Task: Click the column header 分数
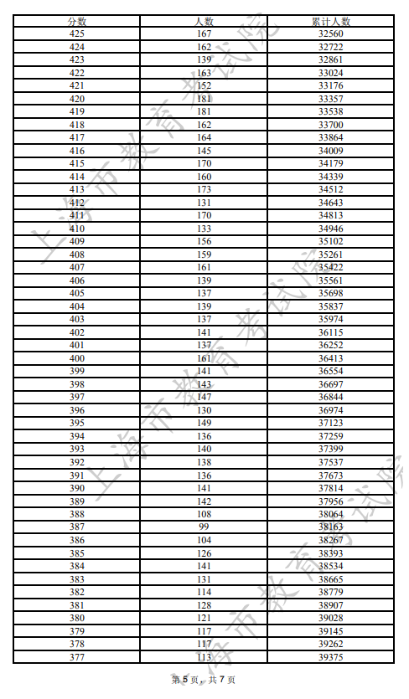point(76,21)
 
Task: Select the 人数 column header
point(204,21)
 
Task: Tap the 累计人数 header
point(330,21)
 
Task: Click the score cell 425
point(76,34)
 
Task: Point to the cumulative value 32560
point(330,34)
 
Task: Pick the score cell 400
point(76,358)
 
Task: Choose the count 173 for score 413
point(204,190)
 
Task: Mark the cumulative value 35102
point(330,242)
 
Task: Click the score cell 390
point(76,488)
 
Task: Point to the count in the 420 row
point(204,99)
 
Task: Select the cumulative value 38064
point(330,514)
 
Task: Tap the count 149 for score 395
point(204,423)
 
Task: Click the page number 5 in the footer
point(184,680)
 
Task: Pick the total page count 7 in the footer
point(221,680)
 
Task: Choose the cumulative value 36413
point(330,358)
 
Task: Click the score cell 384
point(76,566)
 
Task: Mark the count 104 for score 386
point(204,540)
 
